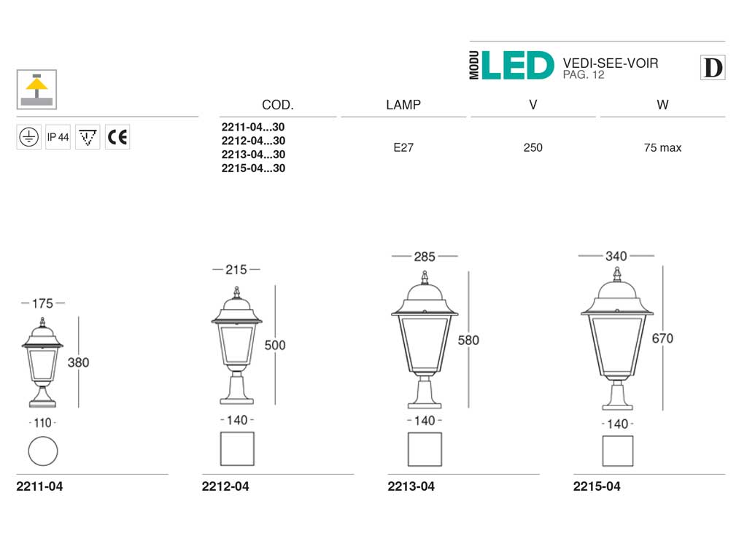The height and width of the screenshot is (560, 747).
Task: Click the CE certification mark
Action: coord(117,137)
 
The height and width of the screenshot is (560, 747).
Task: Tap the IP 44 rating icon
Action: coord(58,137)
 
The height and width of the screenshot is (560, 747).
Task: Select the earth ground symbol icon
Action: coord(28,137)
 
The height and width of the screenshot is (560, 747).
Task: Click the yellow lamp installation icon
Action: coord(36,90)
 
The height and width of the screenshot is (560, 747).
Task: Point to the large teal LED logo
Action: coord(518,66)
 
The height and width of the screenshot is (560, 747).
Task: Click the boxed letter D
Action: coord(713,68)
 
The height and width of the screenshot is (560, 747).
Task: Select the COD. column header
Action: coord(278,105)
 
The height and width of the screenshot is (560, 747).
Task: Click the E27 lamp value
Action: coord(403,147)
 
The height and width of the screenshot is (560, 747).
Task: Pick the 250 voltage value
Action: coord(533,147)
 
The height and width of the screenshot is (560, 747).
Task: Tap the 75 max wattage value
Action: coord(662,147)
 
